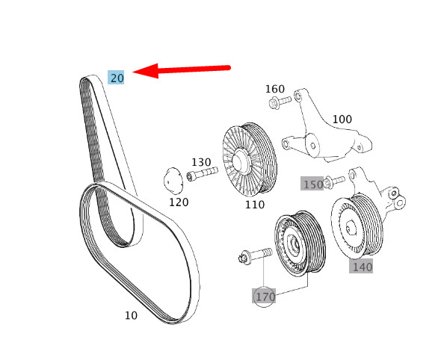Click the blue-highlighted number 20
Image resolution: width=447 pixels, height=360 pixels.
(x=117, y=78)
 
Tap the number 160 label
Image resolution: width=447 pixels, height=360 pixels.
(x=275, y=89)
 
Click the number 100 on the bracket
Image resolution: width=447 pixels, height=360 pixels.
(x=342, y=119)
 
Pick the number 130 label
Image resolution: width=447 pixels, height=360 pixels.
(x=201, y=162)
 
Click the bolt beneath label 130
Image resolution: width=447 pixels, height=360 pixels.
(x=202, y=175)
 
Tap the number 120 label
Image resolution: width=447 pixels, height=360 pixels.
(x=178, y=202)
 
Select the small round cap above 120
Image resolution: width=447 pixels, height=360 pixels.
(x=173, y=181)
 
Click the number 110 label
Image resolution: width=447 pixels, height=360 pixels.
(x=254, y=204)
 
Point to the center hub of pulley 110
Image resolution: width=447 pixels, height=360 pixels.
(x=241, y=159)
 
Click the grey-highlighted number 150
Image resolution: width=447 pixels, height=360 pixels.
(x=312, y=184)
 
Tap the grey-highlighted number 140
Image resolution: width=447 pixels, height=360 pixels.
(x=362, y=266)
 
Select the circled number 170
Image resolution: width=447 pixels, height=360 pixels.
(x=265, y=297)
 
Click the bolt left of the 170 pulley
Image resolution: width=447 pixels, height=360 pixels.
(x=253, y=256)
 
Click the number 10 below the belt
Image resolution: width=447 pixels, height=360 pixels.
(x=131, y=315)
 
